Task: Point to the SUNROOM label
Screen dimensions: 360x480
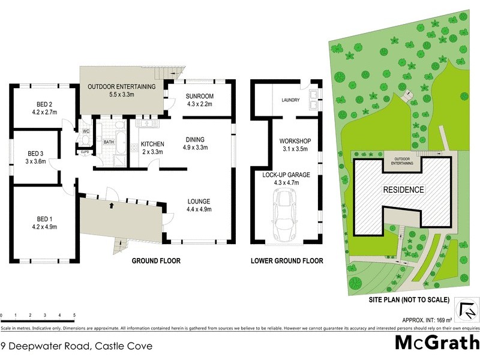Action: point(200,96)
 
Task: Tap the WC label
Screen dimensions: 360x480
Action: point(86,131)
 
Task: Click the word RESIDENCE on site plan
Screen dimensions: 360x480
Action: point(403,190)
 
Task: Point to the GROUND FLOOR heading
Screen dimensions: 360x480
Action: point(156,261)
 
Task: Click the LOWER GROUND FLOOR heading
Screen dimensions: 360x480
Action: point(286,261)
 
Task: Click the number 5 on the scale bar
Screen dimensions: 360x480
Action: point(74,315)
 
